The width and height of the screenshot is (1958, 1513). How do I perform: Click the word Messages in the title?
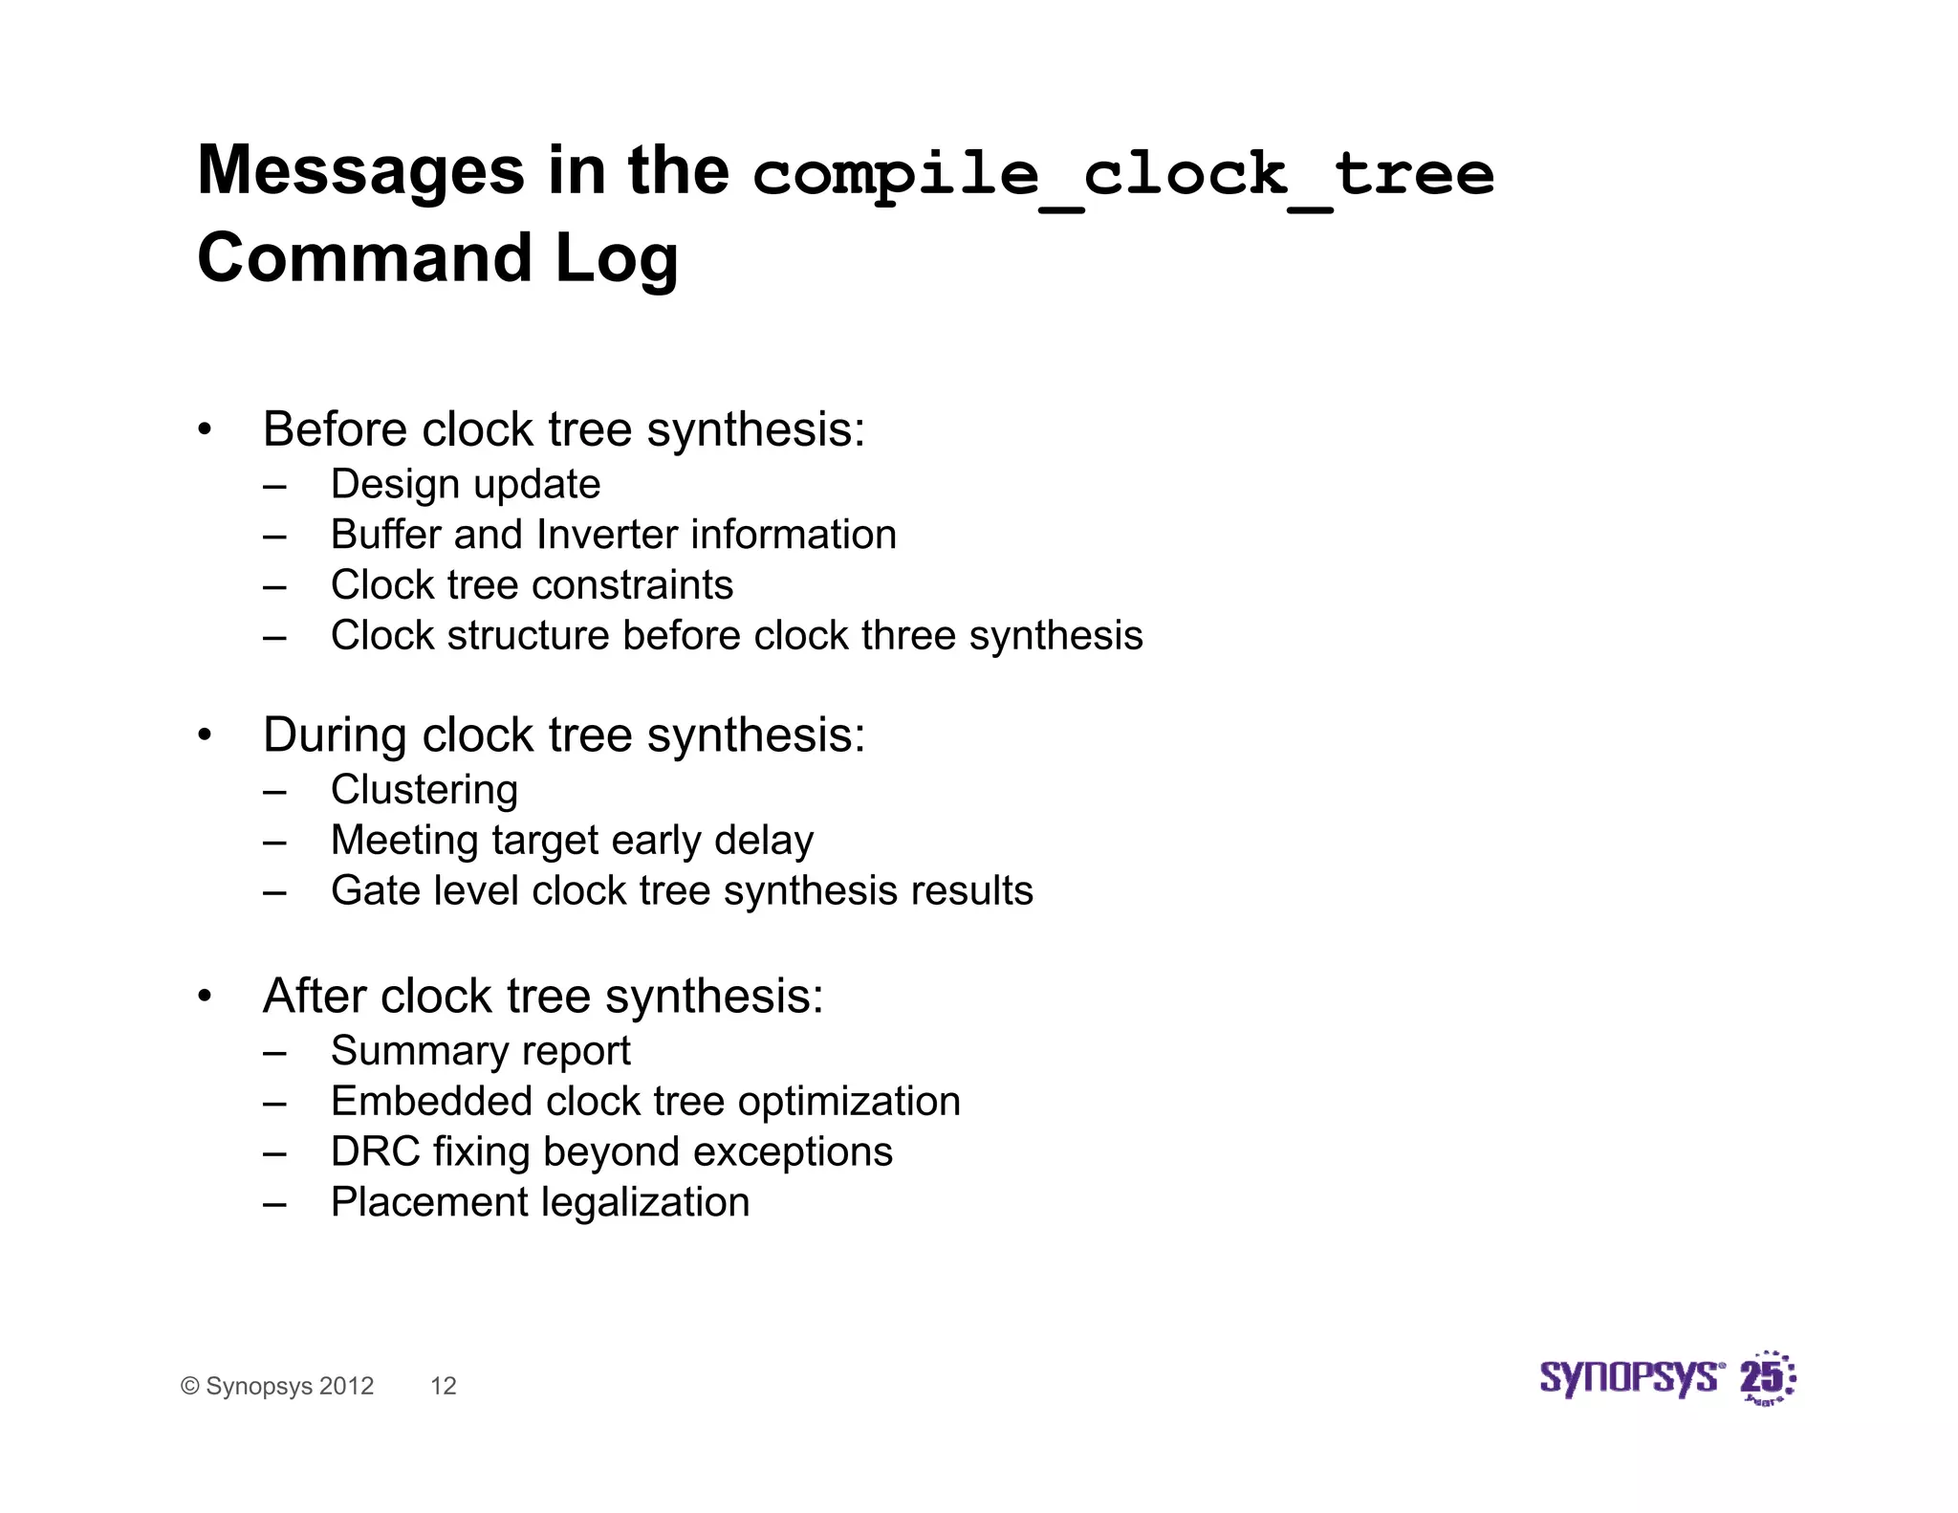(x=360, y=172)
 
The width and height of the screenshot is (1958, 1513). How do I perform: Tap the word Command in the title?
(x=364, y=259)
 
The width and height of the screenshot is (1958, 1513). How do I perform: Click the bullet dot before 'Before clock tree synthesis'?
(x=205, y=430)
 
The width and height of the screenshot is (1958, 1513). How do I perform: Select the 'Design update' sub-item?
(x=465, y=484)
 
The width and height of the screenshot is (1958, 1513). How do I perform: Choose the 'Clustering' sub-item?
(x=424, y=790)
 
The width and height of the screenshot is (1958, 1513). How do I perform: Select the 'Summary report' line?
(x=480, y=1051)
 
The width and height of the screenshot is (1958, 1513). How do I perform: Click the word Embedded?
(x=432, y=1102)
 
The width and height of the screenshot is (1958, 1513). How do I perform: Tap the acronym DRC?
(x=375, y=1152)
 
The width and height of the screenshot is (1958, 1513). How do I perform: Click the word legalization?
(x=660, y=1203)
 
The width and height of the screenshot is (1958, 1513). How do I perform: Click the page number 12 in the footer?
(x=444, y=1386)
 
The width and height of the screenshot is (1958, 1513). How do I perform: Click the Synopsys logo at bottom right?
(x=1666, y=1378)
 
